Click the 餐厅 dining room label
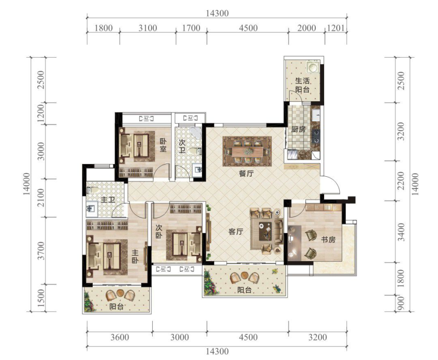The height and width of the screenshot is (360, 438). coord(246,173)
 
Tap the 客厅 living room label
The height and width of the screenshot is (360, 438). coord(236,232)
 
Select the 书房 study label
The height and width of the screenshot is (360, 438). coord(328,240)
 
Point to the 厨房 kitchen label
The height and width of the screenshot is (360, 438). coord(298,129)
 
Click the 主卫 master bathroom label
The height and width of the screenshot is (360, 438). coord(108,200)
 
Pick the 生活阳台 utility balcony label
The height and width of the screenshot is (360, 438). coord(303,85)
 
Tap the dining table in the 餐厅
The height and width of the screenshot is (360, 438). coord(247,152)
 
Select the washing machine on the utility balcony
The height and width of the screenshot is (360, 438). coord(313,67)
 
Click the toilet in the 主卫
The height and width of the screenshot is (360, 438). coord(93,190)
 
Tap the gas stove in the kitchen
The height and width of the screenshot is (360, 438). coord(316,136)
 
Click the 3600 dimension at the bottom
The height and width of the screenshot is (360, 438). coord(120,337)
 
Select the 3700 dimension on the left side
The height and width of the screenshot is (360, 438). coord(41,251)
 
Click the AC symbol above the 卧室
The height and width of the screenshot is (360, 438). coord(146,119)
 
